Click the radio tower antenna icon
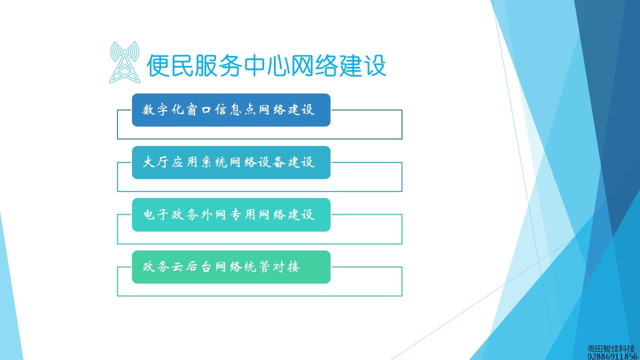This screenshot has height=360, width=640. coord(124,62)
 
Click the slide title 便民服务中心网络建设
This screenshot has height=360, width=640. coord(266,65)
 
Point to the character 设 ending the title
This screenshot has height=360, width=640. coord(375,65)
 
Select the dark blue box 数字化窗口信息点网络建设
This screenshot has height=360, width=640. coord(231,110)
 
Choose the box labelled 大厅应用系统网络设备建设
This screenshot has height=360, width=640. coord(231,162)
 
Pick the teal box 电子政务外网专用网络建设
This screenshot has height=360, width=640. coord(231,215)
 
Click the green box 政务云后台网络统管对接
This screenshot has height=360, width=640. coord(231,267)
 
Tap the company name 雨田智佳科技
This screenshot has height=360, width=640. coord(611,348)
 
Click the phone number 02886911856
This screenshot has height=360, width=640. coord(612,356)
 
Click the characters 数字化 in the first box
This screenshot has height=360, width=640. coord(162,109)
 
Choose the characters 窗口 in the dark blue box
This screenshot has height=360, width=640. coord(199,109)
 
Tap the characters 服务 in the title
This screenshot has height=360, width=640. coord(218,65)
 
